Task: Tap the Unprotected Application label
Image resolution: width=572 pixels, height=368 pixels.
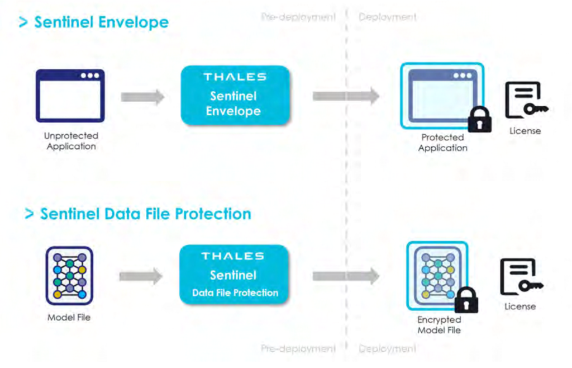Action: pos(71,141)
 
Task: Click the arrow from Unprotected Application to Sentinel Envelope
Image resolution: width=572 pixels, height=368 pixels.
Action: pos(142,97)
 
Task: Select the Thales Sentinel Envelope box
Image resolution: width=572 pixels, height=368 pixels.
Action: pos(233,96)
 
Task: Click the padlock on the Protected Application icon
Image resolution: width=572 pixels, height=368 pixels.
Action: pos(479,119)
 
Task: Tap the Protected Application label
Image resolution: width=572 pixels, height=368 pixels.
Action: pos(442,143)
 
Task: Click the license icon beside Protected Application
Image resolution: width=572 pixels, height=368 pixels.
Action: pos(525,101)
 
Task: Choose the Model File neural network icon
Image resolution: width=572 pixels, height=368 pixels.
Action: pos(69,275)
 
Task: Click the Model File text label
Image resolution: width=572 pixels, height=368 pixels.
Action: pos(69,318)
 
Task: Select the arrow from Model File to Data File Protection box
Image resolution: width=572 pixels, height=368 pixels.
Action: pos(141,276)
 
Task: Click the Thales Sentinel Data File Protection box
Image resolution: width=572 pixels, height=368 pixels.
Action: pos(234,275)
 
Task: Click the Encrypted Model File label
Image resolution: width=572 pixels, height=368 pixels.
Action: pos(439,325)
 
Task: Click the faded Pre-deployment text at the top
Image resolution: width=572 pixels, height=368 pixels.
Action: pos(298,17)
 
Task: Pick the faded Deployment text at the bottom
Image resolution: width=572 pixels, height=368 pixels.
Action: pos(388,349)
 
